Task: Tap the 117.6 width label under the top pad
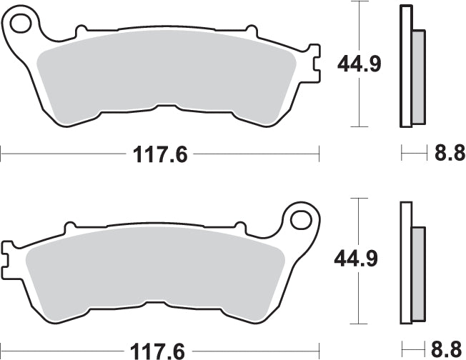coord(159,154)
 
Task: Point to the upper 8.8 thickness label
coord(449,153)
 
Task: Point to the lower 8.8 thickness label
coord(449,350)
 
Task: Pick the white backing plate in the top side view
coord(405,68)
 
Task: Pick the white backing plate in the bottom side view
coord(405,264)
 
